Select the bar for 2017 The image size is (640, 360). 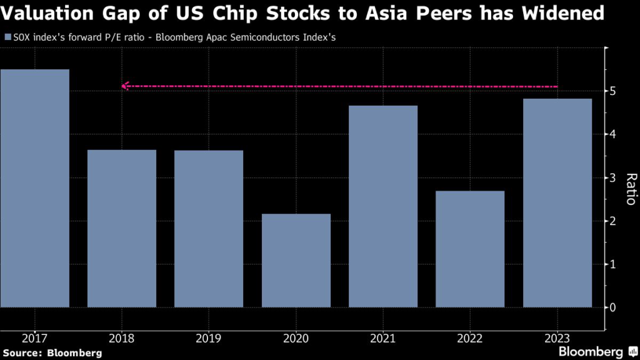(x=34, y=187)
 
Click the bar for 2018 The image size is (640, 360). (x=121, y=228)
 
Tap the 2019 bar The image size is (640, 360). (x=208, y=229)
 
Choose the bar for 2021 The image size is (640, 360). (x=382, y=206)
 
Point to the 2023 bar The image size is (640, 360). (x=557, y=202)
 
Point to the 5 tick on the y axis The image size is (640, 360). (x=613, y=91)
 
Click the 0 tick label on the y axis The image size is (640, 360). (x=613, y=307)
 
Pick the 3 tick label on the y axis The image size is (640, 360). (x=613, y=178)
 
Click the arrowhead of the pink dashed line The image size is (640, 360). (x=124, y=86)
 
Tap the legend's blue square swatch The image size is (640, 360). (x=7, y=37)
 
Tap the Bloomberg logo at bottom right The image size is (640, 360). (x=596, y=351)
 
